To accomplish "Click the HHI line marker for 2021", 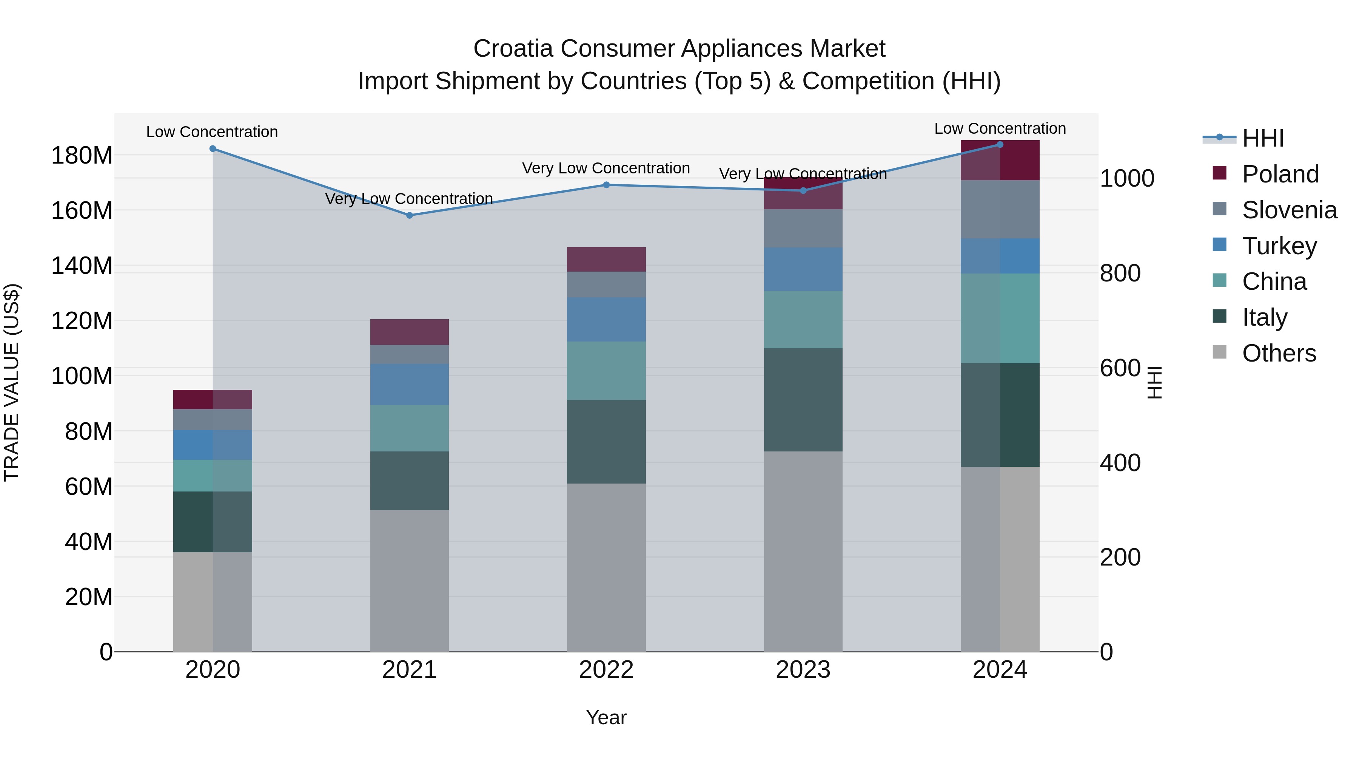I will (409, 215).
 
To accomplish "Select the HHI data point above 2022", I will (606, 185).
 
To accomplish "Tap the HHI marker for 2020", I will (213, 149).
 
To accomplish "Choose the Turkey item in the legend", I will (1279, 246).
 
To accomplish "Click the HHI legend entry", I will (1262, 138).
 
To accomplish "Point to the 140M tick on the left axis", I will (82, 266).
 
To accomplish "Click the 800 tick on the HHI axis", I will (1120, 274).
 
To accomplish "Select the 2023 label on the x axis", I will (803, 670).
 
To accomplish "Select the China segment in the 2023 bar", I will (803, 319).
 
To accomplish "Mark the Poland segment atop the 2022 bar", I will (606, 259).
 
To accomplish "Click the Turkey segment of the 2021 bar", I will (409, 384).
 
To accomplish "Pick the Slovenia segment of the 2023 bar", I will (803, 228).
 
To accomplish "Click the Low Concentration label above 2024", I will (1000, 129).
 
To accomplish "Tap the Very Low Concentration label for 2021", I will (409, 199).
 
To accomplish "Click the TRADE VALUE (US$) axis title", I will (12, 382).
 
